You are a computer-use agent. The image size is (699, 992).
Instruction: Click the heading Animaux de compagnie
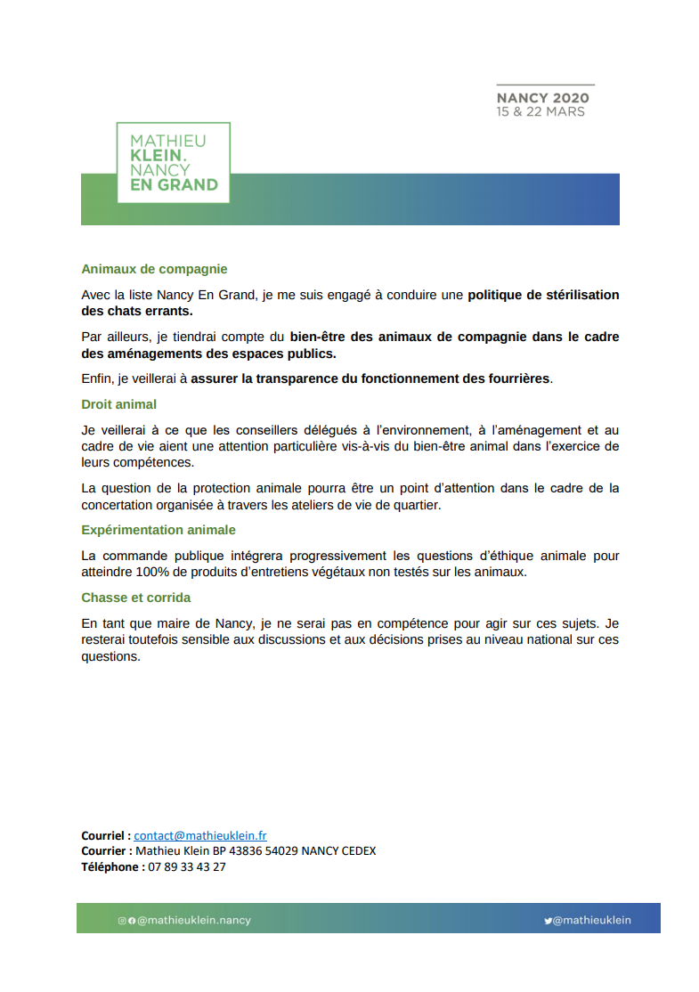pos(154,268)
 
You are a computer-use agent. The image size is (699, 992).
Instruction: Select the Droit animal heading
pos(118,404)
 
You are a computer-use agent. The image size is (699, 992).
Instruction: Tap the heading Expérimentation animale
pos(158,530)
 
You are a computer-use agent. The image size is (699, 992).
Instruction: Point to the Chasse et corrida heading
pos(135,598)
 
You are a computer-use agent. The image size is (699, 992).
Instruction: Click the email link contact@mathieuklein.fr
pos(200,835)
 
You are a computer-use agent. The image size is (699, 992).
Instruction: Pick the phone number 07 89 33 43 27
pos(187,866)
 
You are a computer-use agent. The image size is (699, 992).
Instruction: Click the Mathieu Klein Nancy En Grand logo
pos(174,163)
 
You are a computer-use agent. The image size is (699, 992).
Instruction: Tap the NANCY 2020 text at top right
pos(542,98)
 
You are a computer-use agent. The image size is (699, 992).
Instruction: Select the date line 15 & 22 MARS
pos(541,112)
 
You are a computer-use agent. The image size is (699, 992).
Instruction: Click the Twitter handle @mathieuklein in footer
pos(592,921)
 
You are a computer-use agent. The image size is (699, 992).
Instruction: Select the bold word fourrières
pos(516,378)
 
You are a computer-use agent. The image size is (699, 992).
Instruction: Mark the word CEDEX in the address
pos(356,850)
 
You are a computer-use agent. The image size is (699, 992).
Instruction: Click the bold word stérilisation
pos(574,295)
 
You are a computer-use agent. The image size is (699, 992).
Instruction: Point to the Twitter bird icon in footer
pos(549,921)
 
